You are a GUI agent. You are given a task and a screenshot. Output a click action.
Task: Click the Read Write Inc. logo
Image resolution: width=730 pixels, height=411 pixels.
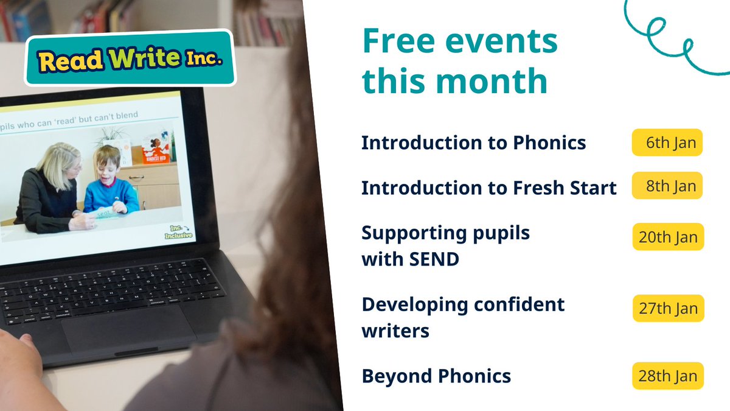click(129, 58)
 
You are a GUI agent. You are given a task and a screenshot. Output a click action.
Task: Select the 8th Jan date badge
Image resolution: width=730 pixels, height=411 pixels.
click(667, 185)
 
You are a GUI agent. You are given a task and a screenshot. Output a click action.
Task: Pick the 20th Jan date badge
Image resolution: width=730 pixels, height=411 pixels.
click(668, 236)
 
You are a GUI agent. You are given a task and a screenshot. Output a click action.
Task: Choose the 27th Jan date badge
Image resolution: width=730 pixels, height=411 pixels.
click(668, 308)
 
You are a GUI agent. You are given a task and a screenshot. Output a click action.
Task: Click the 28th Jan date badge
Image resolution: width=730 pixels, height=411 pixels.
click(668, 376)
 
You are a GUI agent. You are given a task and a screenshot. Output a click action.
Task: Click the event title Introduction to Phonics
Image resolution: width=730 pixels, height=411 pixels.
click(473, 142)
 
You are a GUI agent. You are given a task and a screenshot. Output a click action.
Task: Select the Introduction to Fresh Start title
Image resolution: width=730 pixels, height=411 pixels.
click(488, 188)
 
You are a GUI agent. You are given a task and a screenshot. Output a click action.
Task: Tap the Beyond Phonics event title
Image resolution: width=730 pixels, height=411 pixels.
click(436, 376)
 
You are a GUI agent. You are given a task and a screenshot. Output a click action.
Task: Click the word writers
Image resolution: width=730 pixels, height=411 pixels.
click(395, 331)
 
